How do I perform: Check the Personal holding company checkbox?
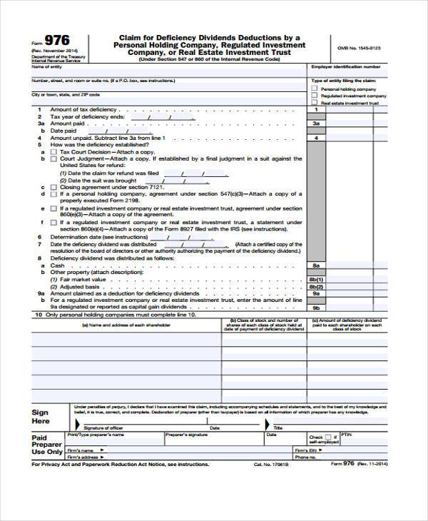coord(315,88)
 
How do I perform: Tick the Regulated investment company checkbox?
coord(315,96)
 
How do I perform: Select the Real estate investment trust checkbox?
coord(315,103)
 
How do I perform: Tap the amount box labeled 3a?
coord(316,123)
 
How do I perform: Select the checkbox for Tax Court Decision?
coord(53,151)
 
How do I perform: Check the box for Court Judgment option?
coord(53,158)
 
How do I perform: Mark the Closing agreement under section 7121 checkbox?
coord(53,186)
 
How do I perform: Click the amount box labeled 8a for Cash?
coord(316,265)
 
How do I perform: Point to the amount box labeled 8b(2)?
coord(316,285)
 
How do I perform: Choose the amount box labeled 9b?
coord(316,307)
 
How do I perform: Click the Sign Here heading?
coord(41,417)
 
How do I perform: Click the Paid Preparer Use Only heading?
coord(47,445)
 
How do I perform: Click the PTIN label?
coord(347,433)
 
